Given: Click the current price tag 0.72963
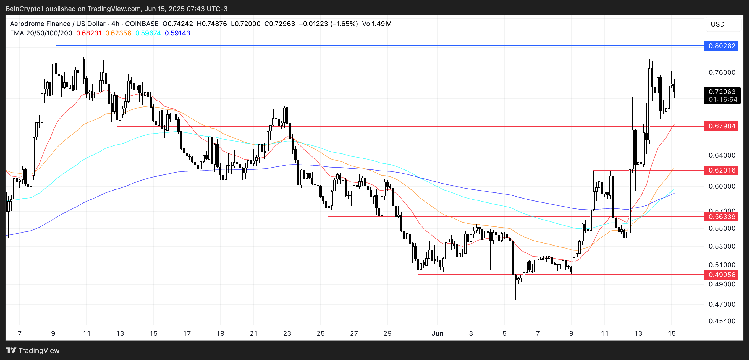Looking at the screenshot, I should click(722, 92).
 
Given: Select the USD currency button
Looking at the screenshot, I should click(717, 24).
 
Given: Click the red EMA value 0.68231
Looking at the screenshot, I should click(89, 33).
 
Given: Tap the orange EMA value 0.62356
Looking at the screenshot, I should click(118, 33).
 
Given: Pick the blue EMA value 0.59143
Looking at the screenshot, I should click(177, 33).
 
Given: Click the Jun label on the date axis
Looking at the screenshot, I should click(437, 333).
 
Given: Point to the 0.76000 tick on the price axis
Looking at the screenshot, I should click(722, 72).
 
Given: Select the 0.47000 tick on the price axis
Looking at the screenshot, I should click(722, 304).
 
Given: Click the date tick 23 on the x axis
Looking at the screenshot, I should click(287, 333).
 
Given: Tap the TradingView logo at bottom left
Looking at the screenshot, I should click(32, 350).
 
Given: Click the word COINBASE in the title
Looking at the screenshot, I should click(142, 24).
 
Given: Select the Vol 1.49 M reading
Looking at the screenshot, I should click(376, 24).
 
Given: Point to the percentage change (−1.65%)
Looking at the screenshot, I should click(344, 24).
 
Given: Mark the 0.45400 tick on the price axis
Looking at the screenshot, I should click(722, 321).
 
